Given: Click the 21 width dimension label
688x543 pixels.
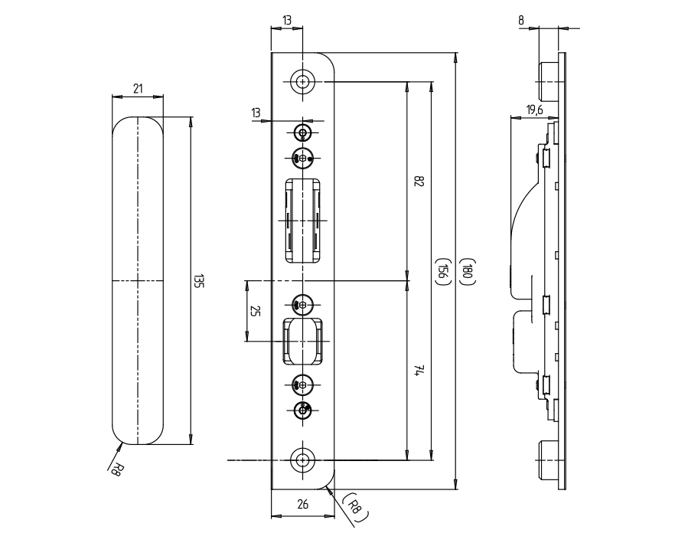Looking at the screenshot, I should [x=138, y=89].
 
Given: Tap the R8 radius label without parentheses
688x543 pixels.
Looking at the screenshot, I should [x=116, y=469].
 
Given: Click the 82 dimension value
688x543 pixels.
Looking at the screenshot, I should [x=419, y=182].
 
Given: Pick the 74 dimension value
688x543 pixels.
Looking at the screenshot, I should [x=419, y=371].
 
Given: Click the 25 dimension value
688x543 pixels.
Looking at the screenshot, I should [x=256, y=312].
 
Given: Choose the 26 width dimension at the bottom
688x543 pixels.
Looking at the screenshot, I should [x=302, y=504].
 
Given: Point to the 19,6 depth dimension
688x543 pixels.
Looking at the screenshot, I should [x=534, y=110].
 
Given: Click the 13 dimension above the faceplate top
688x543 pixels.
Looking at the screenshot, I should [x=287, y=20].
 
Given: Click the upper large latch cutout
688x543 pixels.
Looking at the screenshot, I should [x=304, y=220].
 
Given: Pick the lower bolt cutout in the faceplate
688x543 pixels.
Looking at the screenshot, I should [x=304, y=341].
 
